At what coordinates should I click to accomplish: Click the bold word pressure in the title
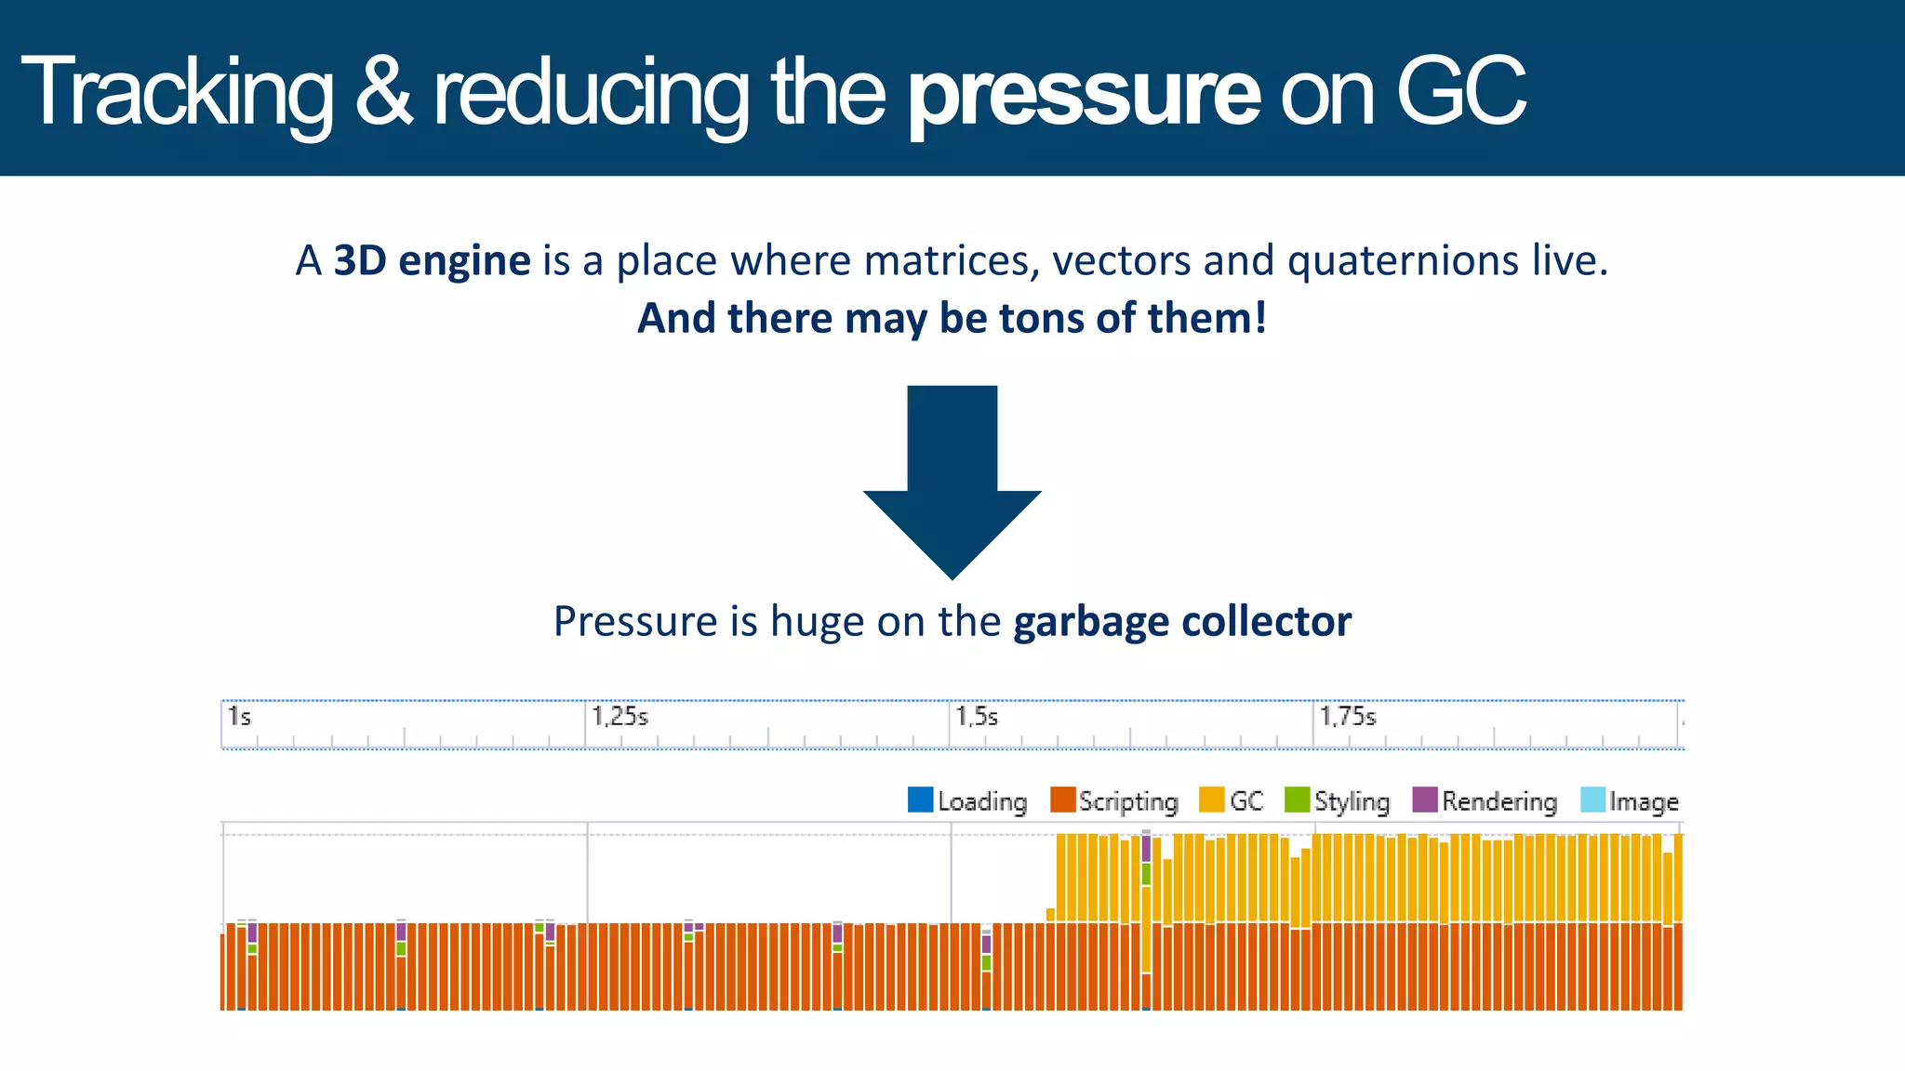(x=1084, y=93)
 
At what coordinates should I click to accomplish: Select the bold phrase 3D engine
(x=432, y=261)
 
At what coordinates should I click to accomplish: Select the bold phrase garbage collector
(x=1181, y=622)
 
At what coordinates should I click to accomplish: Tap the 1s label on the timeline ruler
(x=239, y=717)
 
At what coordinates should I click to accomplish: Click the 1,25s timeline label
(x=619, y=717)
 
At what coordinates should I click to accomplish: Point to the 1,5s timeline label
(x=977, y=717)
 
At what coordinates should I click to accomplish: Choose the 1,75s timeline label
(x=1348, y=717)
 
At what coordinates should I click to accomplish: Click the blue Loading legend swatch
(x=920, y=800)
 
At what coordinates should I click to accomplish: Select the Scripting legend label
(x=1128, y=801)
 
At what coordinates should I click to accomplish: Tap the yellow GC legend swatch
(x=1211, y=800)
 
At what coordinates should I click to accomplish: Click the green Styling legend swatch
(x=1297, y=800)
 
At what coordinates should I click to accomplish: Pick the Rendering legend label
(x=1499, y=801)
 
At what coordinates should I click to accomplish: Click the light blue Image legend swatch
(x=1592, y=800)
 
